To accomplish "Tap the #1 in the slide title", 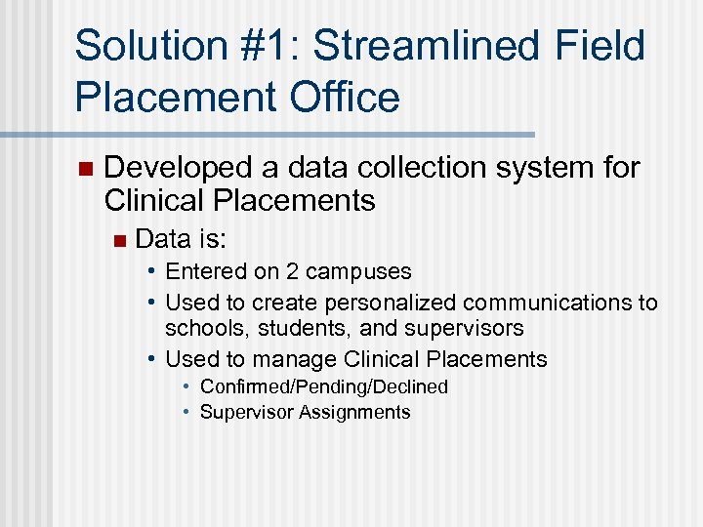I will pyautogui.click(x=277, y=47).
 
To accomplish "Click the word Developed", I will pyautogui.click(x=167, y=168).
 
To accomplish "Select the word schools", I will pyautogui.click(x=207, y=329).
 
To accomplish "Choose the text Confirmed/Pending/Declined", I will pyautogui.click(x=323, y=387).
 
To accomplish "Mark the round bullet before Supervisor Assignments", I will pyautogui.click(x=186, y=412).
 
